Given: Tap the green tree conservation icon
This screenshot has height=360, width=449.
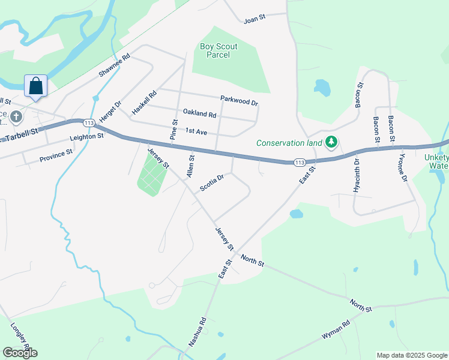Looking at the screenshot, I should point(331,143).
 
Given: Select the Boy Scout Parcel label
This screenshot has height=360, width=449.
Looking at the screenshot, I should point(218,50).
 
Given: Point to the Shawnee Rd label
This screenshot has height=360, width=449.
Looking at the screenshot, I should point(114,66).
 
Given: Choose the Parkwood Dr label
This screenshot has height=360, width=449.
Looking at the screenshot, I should point(239,100).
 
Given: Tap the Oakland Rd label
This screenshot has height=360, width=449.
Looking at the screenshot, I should point(199,113).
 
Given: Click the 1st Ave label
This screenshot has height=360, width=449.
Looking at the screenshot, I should point(196,131).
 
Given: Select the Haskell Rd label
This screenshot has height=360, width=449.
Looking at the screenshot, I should point(144,103).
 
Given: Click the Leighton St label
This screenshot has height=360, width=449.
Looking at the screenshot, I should point(87,137).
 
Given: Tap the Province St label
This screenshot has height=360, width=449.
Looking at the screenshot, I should point(56,155).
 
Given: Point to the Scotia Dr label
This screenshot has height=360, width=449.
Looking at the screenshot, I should point(211,182).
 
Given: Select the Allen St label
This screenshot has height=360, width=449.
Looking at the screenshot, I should point(191,166).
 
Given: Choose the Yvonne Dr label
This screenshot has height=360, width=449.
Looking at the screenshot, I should point(402,170).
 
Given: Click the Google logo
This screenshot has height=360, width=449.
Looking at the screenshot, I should point(20,353).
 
